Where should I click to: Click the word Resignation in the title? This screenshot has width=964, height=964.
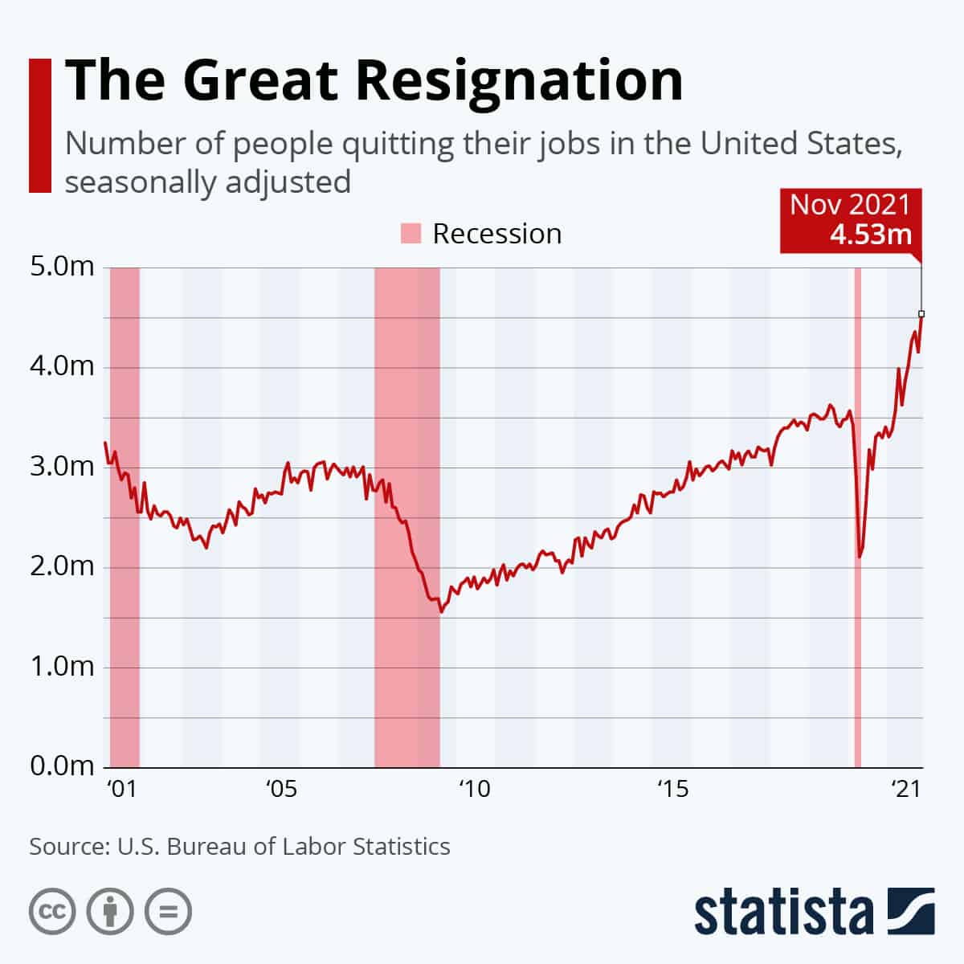click(x=519, y=81)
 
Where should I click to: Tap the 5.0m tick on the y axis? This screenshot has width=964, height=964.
click(x=62, y=267)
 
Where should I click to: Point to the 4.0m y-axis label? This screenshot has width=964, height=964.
click(x=62, y=367)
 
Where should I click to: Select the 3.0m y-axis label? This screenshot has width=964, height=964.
click(x=62, y=467)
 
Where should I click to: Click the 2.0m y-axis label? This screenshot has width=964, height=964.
click(x=62, y=567)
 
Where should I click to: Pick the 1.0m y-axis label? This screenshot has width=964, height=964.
click(x=62, y=667)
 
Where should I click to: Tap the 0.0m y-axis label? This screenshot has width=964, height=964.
click(x=62, y=766)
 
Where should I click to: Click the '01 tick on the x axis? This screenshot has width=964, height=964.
click(x=121, y=789)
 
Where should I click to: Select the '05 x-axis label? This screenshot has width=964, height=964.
click(x=281, y=789)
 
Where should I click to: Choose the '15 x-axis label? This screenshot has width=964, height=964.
click(x=672, y=789)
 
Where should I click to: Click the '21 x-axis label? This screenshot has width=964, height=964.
click(x=905, y=789)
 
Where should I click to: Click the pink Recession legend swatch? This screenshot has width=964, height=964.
click(x=411, y=234)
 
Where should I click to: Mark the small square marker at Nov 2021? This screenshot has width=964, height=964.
click(x=921, y=313)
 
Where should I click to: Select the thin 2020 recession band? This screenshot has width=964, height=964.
click(x=857, y=514)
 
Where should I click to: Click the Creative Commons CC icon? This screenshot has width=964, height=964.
click(x=52, y=912)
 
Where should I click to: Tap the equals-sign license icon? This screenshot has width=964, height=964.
click(x=168, y=912)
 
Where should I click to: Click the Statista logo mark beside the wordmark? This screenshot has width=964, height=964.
click(x=911, y=912)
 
